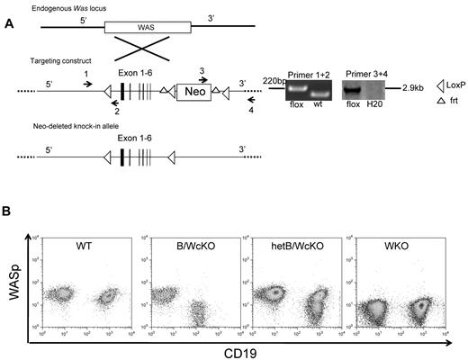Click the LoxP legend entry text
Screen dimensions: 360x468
coord(452,82)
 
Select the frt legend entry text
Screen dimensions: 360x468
coord(447,104)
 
